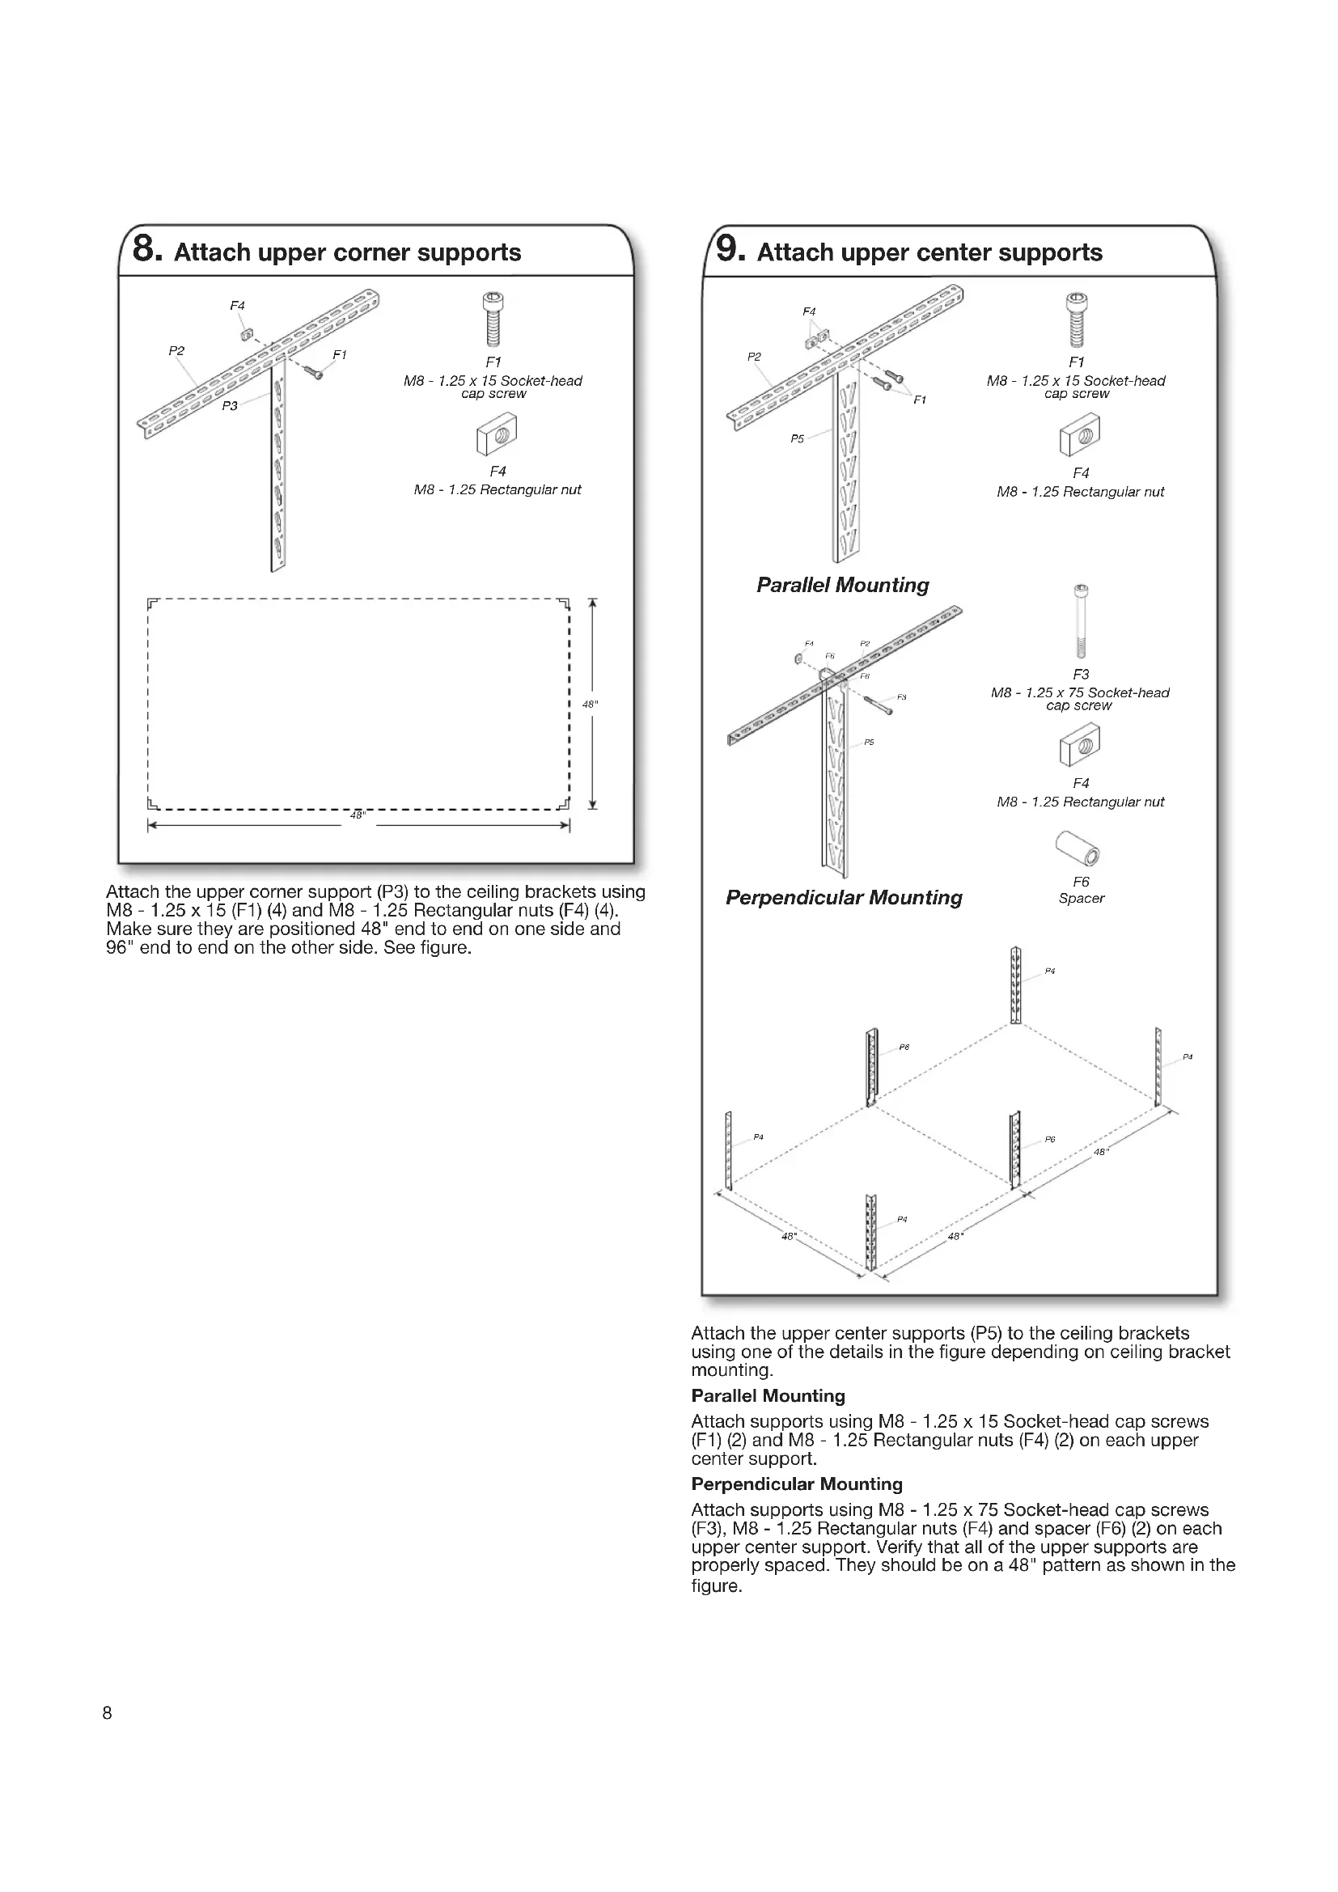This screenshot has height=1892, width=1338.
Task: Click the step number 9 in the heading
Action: pyautogui.click(x=726, y=249)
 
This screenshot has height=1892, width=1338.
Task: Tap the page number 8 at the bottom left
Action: pyautogui.click(x=107, y=1713)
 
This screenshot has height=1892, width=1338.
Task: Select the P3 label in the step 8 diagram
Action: pyautogui.click(x=230, y=405)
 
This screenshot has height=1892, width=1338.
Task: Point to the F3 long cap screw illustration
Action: pyautogui.click(x=1081, y=621)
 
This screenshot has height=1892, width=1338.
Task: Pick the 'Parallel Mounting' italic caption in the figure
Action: pyautogui.click(x=843, y=585)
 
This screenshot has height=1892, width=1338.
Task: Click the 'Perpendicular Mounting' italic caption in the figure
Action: pyautogui.click(x=844, y=897)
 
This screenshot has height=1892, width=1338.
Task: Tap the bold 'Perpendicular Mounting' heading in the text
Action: pyautogui.click(x=797, y=1484)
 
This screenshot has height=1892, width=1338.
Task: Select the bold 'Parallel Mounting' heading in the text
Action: pyautogui.click(x=768, y=1396)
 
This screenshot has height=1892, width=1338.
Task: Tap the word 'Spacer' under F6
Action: pyautogui.click(x=1081, y=898)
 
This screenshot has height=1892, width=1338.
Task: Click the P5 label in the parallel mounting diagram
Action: pyautogui.click(x=797, y=439)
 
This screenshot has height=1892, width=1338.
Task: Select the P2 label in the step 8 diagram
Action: pyautogui.click(x=176, y=351)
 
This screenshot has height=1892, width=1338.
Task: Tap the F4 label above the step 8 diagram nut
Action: pyautogui.click(x=237, y=306)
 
